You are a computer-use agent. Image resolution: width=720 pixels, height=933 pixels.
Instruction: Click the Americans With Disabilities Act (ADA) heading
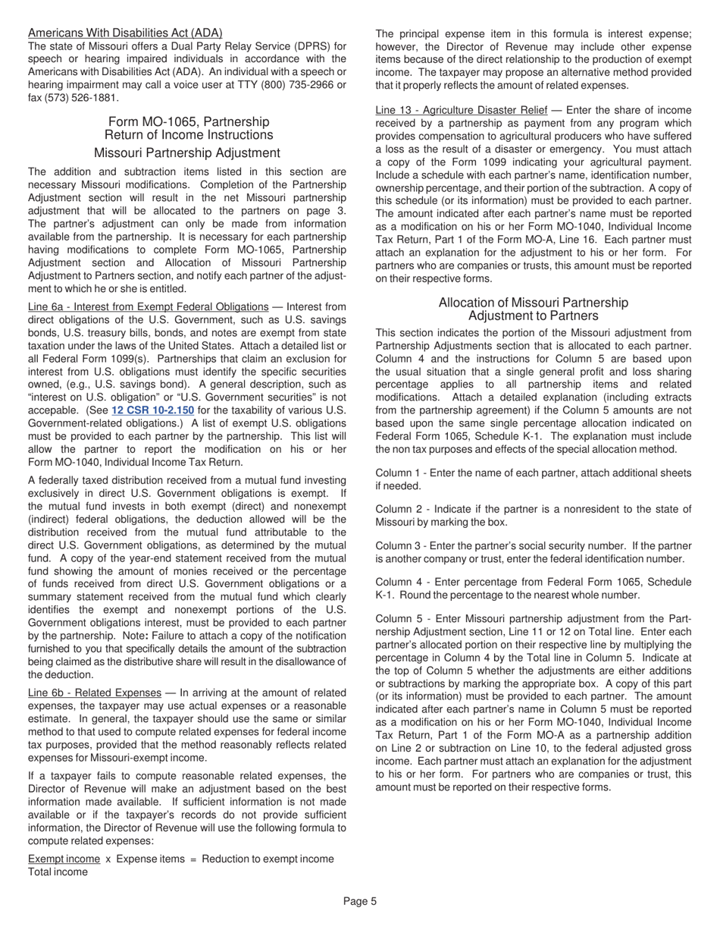pyautogui.click(x=125, y=33)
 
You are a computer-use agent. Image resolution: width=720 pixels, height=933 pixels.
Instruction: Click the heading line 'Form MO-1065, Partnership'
pyautogui.click(x=189, y=122)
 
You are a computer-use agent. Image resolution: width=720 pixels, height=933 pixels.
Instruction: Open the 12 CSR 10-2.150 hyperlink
pyautogui.click(x=153, y=410)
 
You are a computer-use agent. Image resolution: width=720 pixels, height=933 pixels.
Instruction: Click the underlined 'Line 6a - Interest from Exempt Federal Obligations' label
pyautogui.click(x=148, y=307)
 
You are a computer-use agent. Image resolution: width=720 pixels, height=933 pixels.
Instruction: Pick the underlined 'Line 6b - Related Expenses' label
pyautogui.click(x=95, y=693)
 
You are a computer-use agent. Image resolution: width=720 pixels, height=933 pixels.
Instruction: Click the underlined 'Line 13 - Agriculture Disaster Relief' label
pyautogui.click(x=462, y=111)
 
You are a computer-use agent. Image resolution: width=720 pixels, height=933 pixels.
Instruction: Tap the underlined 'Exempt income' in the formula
pyautogui.click(x=64, y=859)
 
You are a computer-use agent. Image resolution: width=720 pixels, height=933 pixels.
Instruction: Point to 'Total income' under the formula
pyautogui.click(x=58, y=872)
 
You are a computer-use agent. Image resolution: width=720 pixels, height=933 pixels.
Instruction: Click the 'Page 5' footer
pyautogui.click(x=360, y=901)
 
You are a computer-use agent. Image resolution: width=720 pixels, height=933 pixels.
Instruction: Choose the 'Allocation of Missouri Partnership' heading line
pyautogui.click(x=533, y=303)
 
